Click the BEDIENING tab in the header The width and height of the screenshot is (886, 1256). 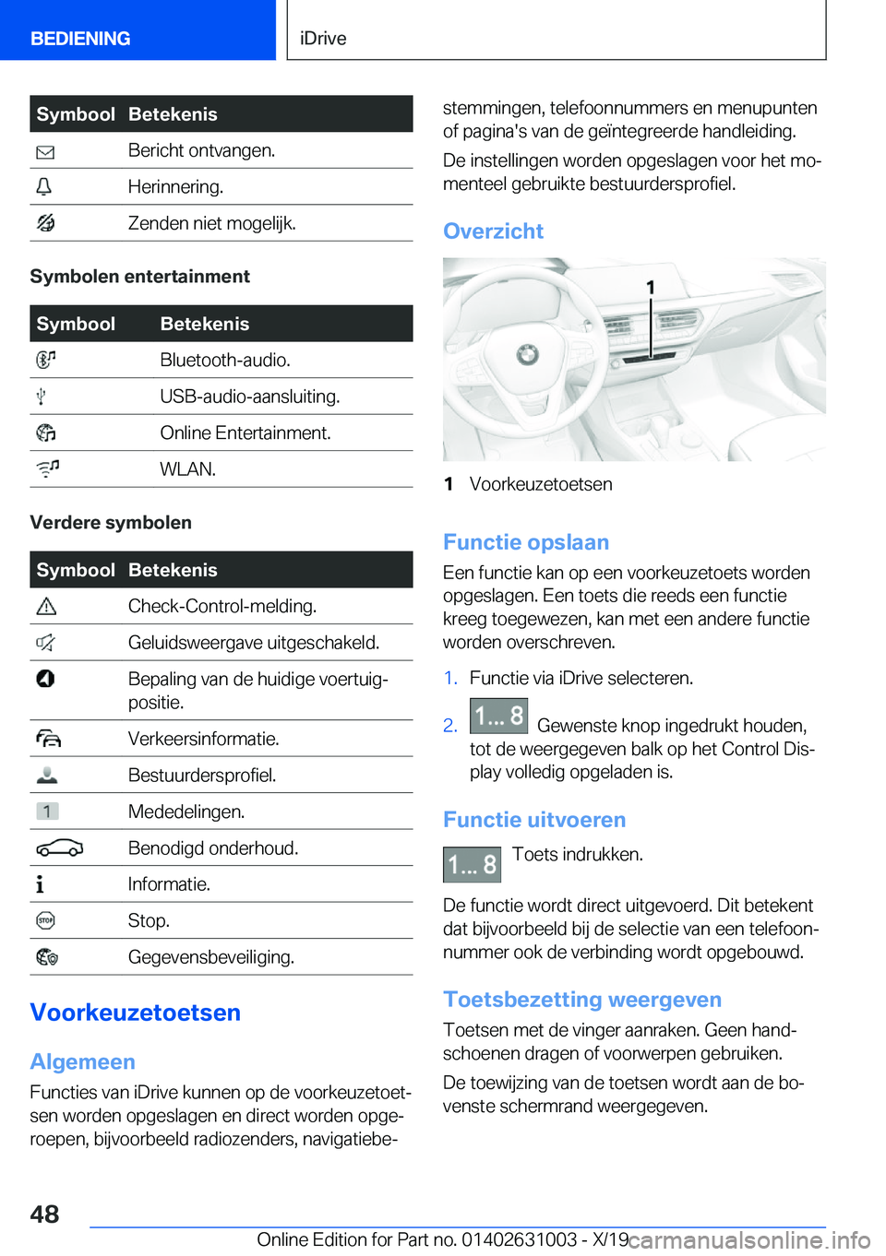(80, 38)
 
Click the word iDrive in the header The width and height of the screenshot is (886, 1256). (323, 38)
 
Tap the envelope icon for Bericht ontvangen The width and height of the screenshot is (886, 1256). (45, 152)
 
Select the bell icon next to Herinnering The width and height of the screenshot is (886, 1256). (44, 187)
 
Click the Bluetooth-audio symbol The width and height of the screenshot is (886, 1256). (46, 360)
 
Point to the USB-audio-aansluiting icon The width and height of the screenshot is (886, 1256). (42, 397)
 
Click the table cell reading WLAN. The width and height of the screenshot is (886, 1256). (188, 469)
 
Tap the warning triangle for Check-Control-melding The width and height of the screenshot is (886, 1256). (46, 607)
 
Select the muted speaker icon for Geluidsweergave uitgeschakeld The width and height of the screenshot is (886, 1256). (45, 643)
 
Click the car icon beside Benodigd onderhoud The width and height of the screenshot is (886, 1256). (60, 848)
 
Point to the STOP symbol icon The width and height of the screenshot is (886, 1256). (45, 920)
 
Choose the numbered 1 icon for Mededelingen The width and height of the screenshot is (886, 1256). (47, 812)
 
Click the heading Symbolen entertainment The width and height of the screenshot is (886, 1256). (139, 277)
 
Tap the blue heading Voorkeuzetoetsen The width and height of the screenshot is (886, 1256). (135, 1013)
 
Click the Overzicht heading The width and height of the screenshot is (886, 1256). (493, 231)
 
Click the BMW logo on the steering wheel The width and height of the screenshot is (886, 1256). (527, 353)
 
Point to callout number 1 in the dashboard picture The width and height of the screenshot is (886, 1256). (651, 288)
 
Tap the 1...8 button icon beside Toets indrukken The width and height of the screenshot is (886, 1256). (472, 865)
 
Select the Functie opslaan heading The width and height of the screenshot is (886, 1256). (526, 542)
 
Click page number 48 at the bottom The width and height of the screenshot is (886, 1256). (44, 1214)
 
